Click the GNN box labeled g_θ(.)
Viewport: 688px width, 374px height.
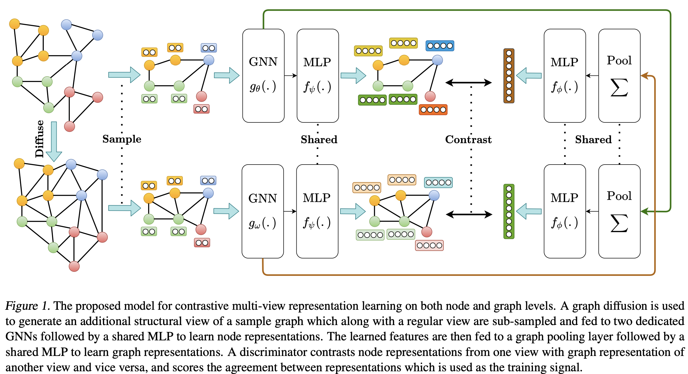[x=263, y=76]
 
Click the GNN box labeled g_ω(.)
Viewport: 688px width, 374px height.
[x=263, y=211]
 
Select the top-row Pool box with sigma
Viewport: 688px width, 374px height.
[x=619, y=76]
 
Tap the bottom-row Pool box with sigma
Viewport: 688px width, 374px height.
[x=619, y=211]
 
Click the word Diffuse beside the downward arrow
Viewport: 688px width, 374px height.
[x=40, y=139]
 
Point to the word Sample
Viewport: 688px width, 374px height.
[x=122, y=139]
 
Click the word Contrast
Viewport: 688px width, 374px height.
[x=468, y=139]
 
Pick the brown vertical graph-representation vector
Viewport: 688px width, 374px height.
[x=509, y=76]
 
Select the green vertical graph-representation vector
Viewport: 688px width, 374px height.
[x=509, y=211]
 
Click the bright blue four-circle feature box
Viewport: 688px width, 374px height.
[x=440, y=46]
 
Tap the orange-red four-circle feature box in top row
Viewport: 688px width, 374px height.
[x=433, y=110]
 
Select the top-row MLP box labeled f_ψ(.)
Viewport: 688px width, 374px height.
[x=317, y=76]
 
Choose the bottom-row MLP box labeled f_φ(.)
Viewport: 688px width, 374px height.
[x=565, y=211]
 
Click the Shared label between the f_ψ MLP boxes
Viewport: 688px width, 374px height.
[x=319, y=139]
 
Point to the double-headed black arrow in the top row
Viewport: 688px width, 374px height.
[x=468, y=82]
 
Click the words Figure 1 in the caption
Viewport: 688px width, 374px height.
[x=27, y=306]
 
